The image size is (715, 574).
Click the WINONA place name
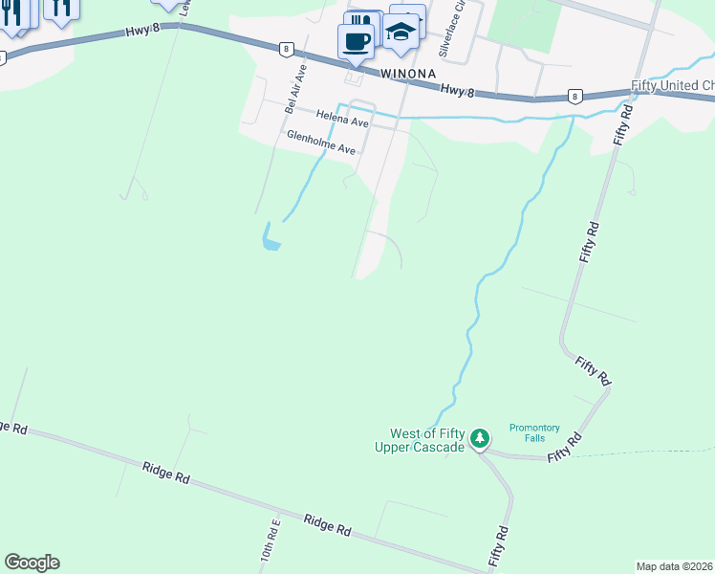(x=408, y=74)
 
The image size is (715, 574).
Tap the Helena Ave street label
(x=343, y=121)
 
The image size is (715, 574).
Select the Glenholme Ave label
(x=321, y=143)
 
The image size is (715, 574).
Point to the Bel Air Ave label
(x=295, y=89)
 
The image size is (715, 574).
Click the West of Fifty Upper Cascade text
(x=427, y=440)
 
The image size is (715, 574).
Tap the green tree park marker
(x=481, y=439)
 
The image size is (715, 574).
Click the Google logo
(x=32, y=563)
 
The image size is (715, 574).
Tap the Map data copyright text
(x=675, y=566)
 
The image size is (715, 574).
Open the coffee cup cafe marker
(x=357, y=41)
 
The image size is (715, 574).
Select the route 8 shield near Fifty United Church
(x=574, y=96)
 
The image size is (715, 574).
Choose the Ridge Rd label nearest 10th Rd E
(x=327, y=525)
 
